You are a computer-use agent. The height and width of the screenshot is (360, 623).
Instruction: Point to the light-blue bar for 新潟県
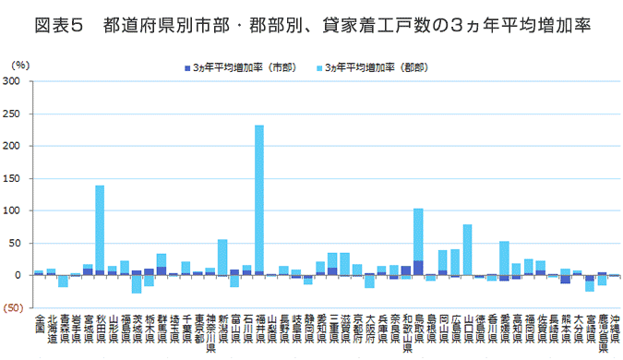click(222, 256)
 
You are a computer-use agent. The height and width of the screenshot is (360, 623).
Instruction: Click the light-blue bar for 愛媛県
click(505, 258)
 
